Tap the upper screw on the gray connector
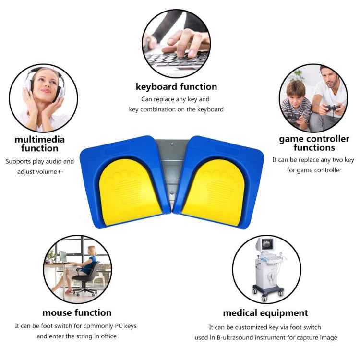coord(172,144)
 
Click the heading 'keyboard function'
coord(176,87)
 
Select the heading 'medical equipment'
coord(265,313)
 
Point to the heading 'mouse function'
coord(77,312)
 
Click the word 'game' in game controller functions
coord(291,139)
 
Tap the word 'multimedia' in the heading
coord(39,140)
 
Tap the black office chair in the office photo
coord(88,279)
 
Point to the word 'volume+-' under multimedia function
coord(51,172)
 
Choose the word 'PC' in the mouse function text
coord(118,326)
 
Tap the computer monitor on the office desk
coord(63,256)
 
